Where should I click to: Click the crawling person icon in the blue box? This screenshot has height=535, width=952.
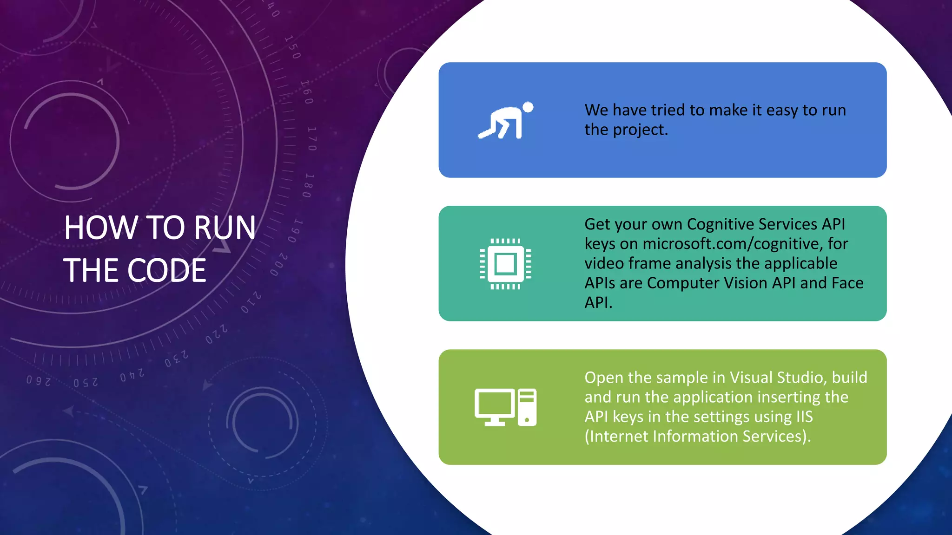[506, 121]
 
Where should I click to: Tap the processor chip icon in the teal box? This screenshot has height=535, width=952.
[506, 264]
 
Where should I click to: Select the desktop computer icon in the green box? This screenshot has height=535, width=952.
[505, 407]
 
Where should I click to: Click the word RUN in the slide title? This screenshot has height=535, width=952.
[225, 228]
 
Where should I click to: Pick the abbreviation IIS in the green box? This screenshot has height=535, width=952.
[804, 417]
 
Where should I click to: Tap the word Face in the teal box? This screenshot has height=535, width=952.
[847, 283]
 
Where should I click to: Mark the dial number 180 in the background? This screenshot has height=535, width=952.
[308, 185]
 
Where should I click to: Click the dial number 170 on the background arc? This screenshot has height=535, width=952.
[312, 138]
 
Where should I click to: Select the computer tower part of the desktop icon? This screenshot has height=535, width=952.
[527, 407]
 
